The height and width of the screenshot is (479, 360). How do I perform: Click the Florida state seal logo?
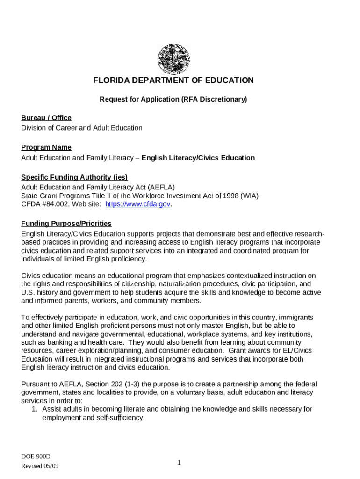click(173, 59)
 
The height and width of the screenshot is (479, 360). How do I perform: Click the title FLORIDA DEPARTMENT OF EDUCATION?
click(173, 80)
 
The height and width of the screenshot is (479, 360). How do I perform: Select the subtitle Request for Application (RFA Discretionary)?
click(173, 99)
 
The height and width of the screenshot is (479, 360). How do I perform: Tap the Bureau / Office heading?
click(46, 118)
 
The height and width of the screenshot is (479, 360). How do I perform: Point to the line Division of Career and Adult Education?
click(82, 128)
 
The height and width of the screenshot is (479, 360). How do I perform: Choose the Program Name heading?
click(46, 148)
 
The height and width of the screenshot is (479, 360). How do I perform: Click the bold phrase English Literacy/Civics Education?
click(198, 158)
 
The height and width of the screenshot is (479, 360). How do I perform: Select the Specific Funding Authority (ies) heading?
click(74, 177)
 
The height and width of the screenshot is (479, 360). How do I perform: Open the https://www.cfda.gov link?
click(137, 204)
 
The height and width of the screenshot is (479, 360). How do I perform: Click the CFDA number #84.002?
click(52, 204)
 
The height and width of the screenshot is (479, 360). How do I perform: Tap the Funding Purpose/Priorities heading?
click(66, 224)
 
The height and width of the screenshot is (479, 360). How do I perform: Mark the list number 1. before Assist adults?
click(34, 409)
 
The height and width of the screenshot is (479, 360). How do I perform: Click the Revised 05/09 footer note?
click(40, 466)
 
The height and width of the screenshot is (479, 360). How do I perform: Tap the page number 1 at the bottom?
click(179, 463)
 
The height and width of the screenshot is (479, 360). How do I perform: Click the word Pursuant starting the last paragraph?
click(36, 384)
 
